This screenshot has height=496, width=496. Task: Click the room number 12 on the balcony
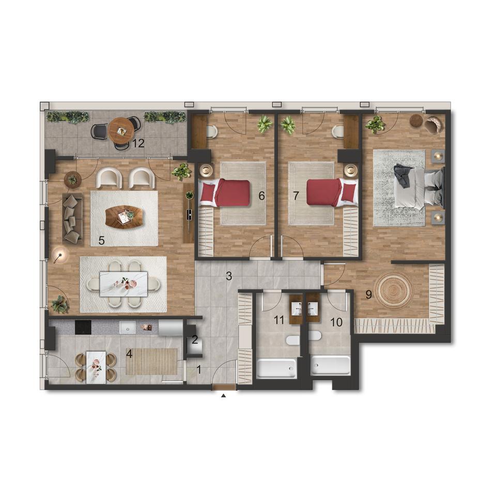(x=138, y=143)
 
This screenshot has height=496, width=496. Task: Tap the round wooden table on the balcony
(x=121, y=131)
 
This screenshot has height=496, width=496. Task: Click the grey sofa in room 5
(x=72, y=219)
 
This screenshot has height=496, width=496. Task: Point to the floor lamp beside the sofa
(x=60, y=255)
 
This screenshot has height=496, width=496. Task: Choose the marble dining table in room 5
(x=123, y=284)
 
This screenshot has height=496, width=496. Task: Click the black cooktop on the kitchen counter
(x=83, y=327)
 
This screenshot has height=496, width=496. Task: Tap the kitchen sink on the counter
(x=128, y=328)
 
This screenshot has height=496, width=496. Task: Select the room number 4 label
(x=129, y=354)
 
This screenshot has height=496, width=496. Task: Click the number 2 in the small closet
(x=195, y=340)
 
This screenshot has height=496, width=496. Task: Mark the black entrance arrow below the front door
(x=224, y=395)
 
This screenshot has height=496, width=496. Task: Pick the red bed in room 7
(x=332, y=192)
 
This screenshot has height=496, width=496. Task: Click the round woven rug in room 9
(x=394, y=290)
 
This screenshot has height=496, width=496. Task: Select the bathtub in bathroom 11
(x=276, y=368)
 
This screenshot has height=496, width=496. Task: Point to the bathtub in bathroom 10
(x=331, y=365)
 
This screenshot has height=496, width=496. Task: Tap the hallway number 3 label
(x=229, y=276)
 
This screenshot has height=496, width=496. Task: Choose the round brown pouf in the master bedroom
(x=416, y=120)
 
